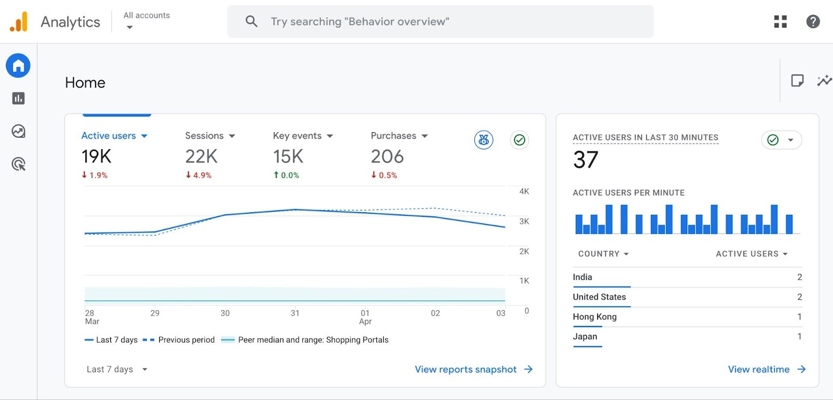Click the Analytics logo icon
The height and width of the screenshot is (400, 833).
19,22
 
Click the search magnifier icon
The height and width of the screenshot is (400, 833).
251,21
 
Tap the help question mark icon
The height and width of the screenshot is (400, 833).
813,21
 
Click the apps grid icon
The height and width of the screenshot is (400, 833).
780,21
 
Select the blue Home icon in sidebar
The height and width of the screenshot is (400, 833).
18,66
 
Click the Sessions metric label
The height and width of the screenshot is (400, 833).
205,136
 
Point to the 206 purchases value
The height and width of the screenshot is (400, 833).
387,156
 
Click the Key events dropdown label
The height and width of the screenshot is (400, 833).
297,136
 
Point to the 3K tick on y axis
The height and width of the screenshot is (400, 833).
524,222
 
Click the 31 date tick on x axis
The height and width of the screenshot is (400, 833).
295,313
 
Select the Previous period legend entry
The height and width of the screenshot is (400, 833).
186,340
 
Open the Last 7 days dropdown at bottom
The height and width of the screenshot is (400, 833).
117,369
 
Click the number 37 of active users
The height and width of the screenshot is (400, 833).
586,160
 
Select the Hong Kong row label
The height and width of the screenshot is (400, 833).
595,317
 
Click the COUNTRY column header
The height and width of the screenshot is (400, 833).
603,254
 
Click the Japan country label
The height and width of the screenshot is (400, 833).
585,337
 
